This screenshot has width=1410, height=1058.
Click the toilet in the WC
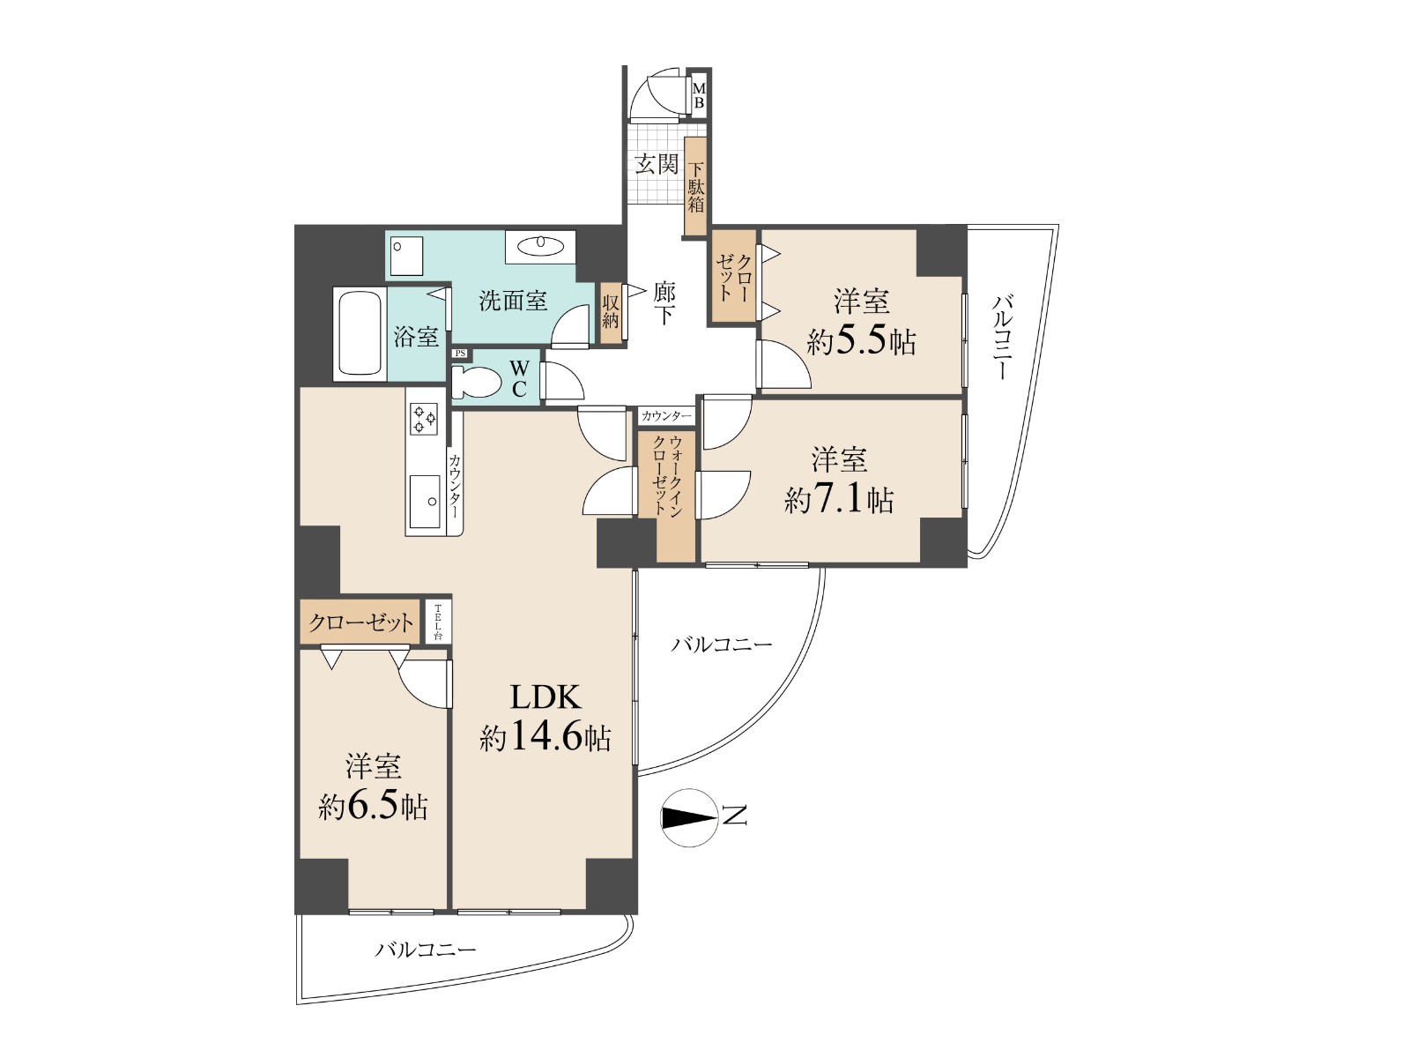[476, 383]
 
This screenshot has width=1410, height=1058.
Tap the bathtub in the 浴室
[360, 334]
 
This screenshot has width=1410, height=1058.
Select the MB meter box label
[698, 96]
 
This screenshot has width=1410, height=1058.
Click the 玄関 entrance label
[657, 164]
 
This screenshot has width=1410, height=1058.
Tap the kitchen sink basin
[425, 502]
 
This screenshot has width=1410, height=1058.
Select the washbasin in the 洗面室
[540, 245]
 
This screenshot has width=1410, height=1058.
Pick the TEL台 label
[437, 622]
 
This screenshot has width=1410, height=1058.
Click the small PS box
[460, 354]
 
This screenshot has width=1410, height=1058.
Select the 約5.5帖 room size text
[861, 342]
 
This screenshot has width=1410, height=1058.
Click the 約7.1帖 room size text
[838, 499]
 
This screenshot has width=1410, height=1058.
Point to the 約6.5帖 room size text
[373, 806]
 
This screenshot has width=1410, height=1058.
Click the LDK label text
[545, 697]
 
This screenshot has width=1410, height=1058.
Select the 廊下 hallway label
[664, 303]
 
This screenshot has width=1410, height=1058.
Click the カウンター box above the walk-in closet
[667, 416]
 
